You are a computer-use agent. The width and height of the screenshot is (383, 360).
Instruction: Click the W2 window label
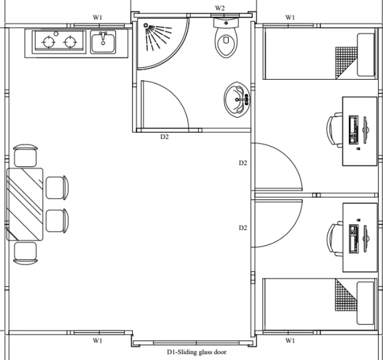click(x=219, y=8)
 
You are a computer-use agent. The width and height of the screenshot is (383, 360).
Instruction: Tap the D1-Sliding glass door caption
click(x=197, y=352)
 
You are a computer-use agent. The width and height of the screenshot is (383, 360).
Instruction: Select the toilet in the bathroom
click(x=226, y=37)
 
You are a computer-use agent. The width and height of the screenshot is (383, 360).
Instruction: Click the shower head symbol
click(x=146, y=25)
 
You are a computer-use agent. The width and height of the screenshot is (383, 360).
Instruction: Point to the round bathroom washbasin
click(x=237, y=99)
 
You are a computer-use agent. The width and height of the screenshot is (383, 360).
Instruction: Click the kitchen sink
click(x=103, y=42)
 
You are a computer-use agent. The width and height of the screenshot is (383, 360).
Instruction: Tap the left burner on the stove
click(x=49, y=42)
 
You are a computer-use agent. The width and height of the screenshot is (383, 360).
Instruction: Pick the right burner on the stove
click(x=70, y=42)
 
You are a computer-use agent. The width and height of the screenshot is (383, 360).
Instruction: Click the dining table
click(x=25, y=204)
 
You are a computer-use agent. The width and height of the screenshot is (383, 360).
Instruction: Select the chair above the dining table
click(x=25, y=156)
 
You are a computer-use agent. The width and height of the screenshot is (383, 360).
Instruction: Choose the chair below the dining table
click(x=25, y=253)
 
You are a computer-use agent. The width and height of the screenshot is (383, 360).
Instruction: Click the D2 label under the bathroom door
click(x=164, y=137)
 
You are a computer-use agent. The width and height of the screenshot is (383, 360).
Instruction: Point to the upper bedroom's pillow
click(x=366, y=55)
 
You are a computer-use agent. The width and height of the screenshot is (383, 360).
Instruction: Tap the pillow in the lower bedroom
click(x=366, y=303)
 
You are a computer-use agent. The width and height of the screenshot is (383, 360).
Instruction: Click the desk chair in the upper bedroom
click(x=334, y=130)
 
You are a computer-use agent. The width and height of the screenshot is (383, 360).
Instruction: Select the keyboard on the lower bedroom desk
click(x=354, y=239)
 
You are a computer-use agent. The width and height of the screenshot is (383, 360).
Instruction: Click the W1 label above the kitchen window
click(x=98, y=17)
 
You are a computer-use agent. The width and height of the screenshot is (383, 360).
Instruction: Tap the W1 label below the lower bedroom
click(x=290, y=340)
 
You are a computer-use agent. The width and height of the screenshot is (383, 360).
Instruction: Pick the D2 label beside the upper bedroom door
click(x=243, y=163)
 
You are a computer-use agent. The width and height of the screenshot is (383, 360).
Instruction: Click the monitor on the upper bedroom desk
click(x=366, y=130)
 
